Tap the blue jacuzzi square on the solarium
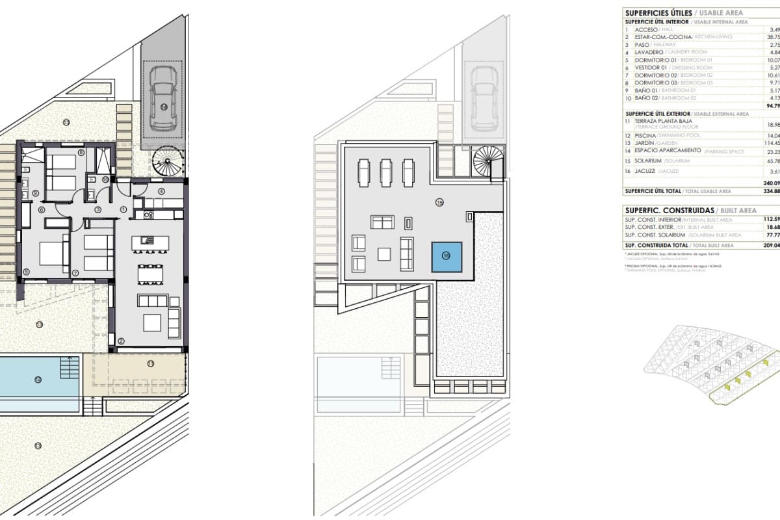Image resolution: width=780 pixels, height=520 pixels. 447,256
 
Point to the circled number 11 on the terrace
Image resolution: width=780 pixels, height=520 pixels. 150,363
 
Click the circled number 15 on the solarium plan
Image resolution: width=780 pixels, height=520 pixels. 439,203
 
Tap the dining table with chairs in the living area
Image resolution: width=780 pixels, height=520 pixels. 149,274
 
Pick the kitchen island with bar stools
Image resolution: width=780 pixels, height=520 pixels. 149,243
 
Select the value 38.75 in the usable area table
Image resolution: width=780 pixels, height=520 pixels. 771,37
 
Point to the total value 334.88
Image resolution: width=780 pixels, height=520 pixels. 771,191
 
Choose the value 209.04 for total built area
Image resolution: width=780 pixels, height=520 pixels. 771,245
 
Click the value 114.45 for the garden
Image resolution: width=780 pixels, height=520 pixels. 770,143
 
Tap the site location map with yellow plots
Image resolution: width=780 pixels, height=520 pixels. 711,367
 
